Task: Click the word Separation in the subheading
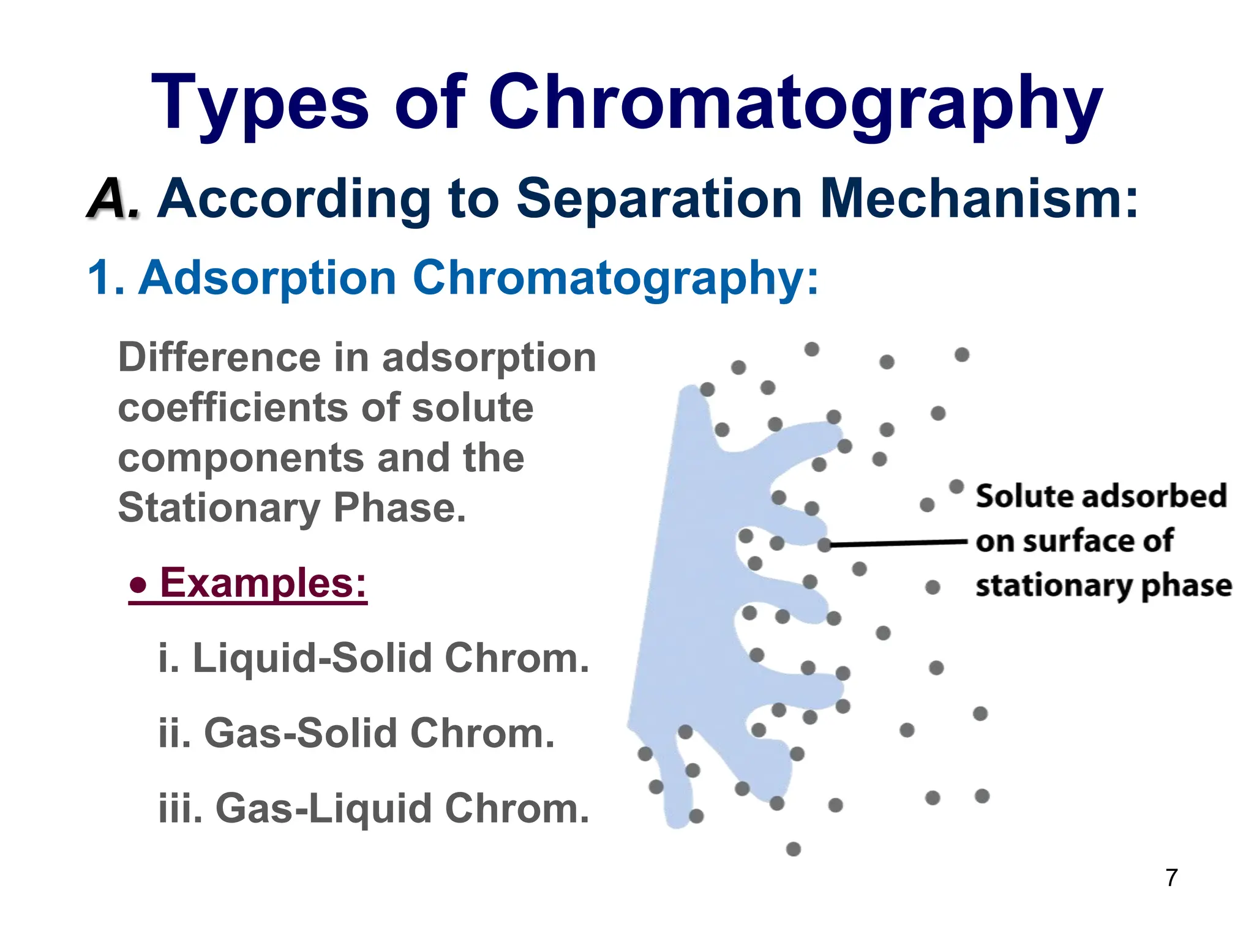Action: point(659,199)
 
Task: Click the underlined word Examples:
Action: point(263,583)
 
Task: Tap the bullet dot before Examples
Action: point(139,585)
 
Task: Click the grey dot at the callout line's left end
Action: point(824,545)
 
